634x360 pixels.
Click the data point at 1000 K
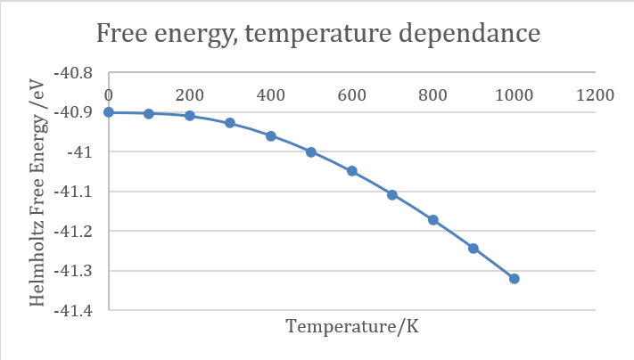click(x=515, y=279)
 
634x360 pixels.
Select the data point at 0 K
click(x=109, y=112)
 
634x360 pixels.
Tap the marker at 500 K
click(x=311, y=152)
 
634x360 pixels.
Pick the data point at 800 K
click(x=433, y=219)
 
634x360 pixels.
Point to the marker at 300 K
click(x=230, y=123)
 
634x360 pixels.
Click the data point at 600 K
click(x=352, y=171)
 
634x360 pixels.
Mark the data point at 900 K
click(x=473, y=249)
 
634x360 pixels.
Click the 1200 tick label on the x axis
click(x=595, y=94)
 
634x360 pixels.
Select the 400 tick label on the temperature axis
click(x=270, y=94)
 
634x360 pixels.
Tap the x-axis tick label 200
click(x=189, y=94)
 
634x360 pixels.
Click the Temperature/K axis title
click(x=352, y=327)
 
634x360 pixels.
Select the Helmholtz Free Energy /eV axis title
click(x=38, y=191)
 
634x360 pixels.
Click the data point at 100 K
click(x=149, y=114)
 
